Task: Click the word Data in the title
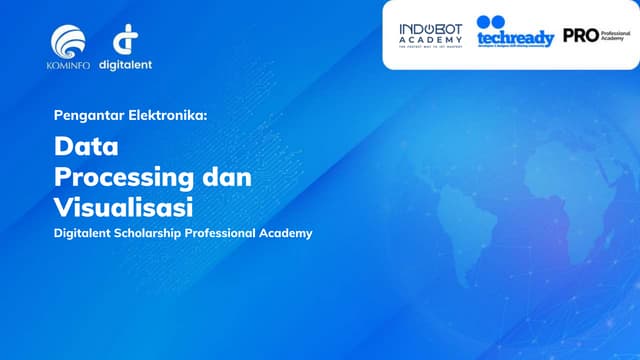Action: coord(87,148)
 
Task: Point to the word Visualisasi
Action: coord(124,207)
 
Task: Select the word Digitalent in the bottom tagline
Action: coord(87,233)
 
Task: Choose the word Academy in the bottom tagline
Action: coord(289,233)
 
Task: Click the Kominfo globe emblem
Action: coord(69,42)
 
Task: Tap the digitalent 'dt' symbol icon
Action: coord(125,42)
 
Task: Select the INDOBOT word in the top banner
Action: coord(431,28)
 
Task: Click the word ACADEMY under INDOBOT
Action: coord(431,39)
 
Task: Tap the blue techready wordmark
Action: coord(515,38)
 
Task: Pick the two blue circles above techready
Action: coord(492,21)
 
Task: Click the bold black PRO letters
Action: coord(580,35)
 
